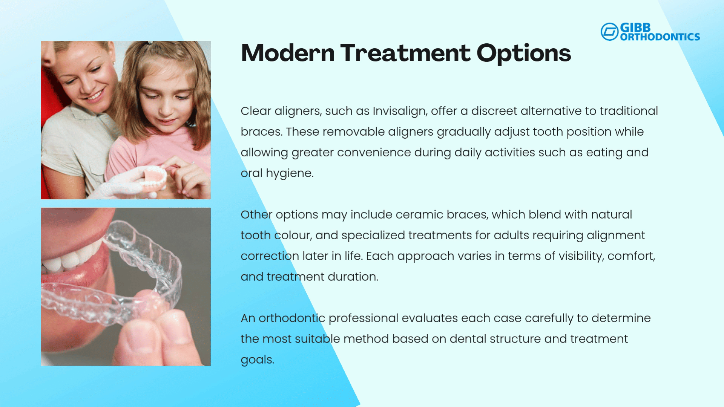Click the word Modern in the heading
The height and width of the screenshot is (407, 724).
[288, 53]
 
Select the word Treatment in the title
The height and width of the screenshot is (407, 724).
[405, 53]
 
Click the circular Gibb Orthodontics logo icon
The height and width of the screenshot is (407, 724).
[609, 32]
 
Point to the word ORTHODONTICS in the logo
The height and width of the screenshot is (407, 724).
[660, 37]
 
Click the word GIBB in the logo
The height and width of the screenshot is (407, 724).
[635, 28]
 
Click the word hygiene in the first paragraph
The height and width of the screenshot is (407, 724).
[290, 174]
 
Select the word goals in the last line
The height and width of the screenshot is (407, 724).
[257, 360]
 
